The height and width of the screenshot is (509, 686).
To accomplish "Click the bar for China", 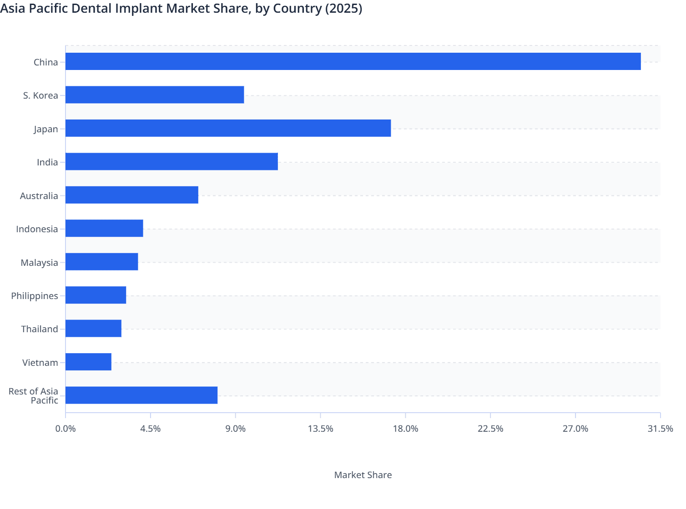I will (353, 61).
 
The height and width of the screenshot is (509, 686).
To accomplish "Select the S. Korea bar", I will (155, 95).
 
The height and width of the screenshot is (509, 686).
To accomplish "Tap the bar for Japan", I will (228, 128).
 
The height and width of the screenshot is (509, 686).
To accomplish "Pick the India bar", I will (171, 161).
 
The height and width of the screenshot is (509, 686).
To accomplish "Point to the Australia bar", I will (132, 195).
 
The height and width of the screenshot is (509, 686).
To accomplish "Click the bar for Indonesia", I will (104, 228).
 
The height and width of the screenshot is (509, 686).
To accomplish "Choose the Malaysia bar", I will (101, 262).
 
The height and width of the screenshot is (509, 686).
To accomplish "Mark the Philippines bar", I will (96, 295).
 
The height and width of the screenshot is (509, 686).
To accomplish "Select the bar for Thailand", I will (93, 329).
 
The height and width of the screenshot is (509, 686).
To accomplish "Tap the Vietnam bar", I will (88, 362).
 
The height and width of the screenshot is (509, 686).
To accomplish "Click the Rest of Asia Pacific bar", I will (141, 395).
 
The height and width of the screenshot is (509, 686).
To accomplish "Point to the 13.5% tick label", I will (320, 429).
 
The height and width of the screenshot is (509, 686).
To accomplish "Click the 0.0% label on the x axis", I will (66, 429).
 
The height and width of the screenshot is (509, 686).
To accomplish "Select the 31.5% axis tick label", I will (660, 429).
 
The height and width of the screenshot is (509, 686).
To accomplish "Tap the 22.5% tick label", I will (490, 429).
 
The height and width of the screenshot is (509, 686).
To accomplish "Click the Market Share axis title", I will (363, 475).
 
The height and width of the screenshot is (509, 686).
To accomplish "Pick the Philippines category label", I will (35, 296).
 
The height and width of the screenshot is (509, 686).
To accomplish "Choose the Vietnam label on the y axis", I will (40, 363).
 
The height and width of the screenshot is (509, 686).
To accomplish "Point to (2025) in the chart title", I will (343, 8).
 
